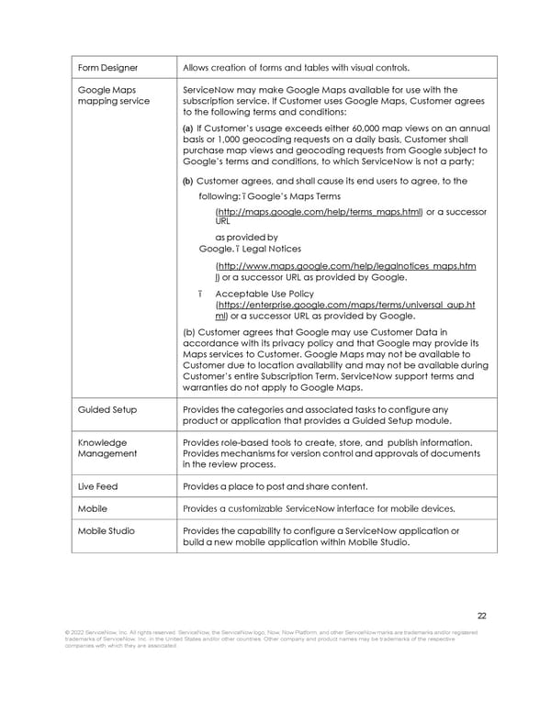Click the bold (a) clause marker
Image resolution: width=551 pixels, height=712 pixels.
click(188, 128)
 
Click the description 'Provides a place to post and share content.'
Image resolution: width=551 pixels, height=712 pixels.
click(275, 485)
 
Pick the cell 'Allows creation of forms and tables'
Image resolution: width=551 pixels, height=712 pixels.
click(297, 67)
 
